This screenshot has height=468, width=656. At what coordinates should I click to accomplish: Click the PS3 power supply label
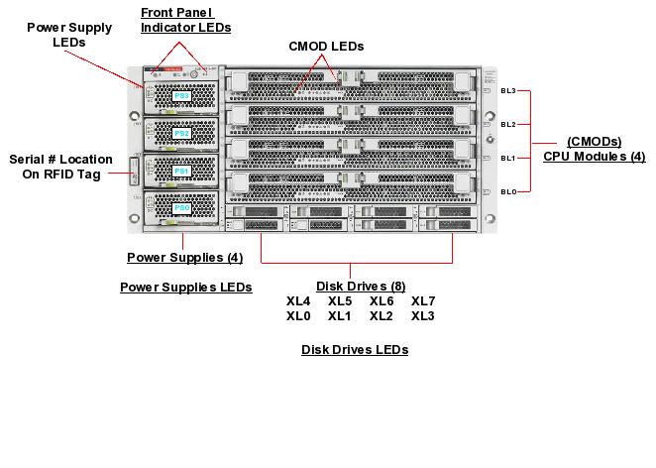pos(181,96)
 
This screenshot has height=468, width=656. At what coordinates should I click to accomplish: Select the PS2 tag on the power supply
pos(181,133)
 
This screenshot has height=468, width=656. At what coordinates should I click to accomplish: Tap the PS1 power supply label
pos(181,171)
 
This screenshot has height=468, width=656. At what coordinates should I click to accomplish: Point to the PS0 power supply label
pos(181,208)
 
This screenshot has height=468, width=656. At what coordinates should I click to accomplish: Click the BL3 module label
pos(508,90)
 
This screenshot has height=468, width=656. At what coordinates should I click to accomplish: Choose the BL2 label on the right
pos(508,124)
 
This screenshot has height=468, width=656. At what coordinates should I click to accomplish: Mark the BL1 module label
pos(508,158)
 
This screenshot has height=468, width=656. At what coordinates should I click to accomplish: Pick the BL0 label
pos(508,191)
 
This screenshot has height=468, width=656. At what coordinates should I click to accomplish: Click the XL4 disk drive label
pos(298,301)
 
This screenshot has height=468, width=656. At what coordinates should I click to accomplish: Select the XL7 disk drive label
pos(423,301)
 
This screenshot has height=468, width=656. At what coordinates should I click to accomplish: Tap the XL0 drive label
pos(298,316)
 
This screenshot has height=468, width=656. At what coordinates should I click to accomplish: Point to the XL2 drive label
pos(382,316)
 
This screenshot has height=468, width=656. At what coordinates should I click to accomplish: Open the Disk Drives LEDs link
pos(355,350)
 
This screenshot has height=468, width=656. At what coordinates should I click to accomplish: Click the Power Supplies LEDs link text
pos(185,288)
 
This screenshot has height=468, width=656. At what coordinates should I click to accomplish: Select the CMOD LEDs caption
pos(326,47)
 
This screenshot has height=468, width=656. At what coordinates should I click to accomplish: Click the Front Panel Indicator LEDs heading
pos(185,20)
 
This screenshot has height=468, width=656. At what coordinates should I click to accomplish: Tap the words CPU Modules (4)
pos(594,156)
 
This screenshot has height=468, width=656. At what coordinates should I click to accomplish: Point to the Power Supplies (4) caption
pos(185,258)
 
